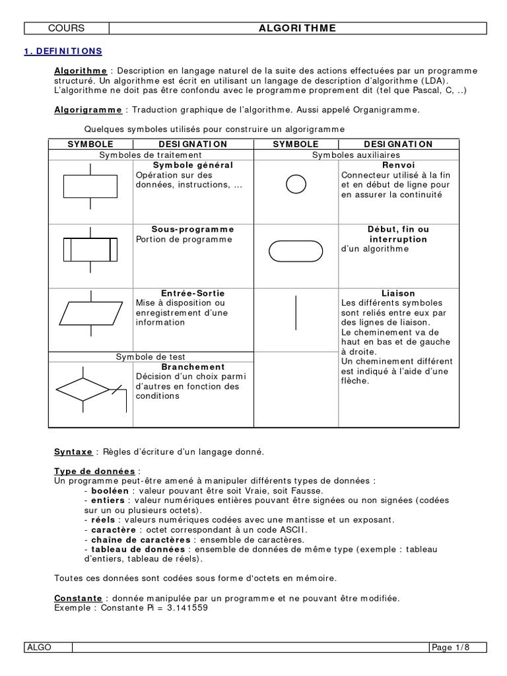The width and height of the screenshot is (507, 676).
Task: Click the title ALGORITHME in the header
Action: (297, 28)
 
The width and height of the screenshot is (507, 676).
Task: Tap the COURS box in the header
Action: (66, 28)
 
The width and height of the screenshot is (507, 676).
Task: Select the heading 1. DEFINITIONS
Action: (63, 51)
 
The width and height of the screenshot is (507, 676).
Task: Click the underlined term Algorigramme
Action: (88, 110)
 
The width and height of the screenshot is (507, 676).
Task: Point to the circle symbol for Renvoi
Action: (296, 184)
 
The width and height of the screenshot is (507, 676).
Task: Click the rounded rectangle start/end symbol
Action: (296, 251)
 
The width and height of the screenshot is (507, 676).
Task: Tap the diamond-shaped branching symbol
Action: (82, 389)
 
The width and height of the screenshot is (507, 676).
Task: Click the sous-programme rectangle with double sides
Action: (90, 250)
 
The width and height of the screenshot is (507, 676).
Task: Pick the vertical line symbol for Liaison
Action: (296, 313)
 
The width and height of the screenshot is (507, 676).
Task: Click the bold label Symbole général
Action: (193, 165)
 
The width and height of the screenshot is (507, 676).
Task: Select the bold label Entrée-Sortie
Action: (193, 293)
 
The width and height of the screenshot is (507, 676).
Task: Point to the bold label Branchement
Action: (193, 367)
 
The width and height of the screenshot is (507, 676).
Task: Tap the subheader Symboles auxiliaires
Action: (356, 154)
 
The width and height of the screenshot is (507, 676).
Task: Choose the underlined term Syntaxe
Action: (73, 452)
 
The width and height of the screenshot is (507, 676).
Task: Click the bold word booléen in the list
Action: (110, 491)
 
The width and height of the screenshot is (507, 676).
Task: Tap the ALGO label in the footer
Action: (39, 647)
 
